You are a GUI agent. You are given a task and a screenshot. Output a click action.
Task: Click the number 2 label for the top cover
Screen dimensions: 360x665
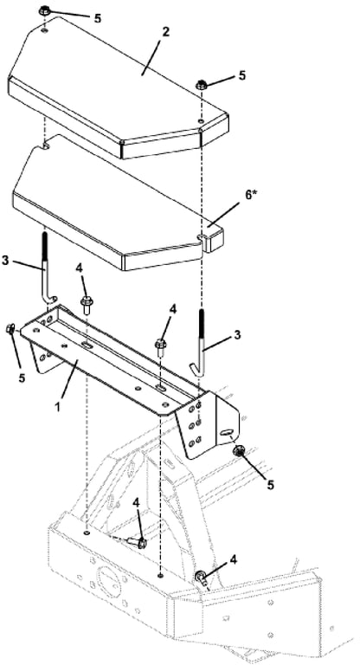pyautogui.click(x=166, y=32)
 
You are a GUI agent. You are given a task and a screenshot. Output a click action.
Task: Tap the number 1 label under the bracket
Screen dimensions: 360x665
pyautogui.click(x=58, y=405)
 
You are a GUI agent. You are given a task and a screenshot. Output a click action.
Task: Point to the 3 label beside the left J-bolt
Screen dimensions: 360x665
pyautogui.click(x=5, y=260)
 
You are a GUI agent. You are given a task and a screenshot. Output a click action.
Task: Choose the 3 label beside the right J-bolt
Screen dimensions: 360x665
pyautogui.click(x=238, y=334)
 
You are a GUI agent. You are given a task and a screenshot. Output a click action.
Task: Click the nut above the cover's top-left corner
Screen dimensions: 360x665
pyautogui.click(x=44, y=10)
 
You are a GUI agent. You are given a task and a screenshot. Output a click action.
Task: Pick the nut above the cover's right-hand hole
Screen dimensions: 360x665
pyautogui.click(x=202, y=85)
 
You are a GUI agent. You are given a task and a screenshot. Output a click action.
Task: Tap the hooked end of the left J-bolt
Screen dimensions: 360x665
pyautogui.click(x=51, y=299)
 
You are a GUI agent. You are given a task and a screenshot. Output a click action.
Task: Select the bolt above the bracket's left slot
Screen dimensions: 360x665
pyautogui.click(x=87, y=305)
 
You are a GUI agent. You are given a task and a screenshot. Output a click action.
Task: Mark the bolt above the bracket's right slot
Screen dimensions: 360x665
pyautogui.click(x=161, y=348)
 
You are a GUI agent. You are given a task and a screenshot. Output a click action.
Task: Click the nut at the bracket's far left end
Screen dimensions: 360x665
pyautogui.click(x=10, y=330)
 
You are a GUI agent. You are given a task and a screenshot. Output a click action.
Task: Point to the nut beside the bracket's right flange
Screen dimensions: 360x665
pyautogui.click(x=239, y=452)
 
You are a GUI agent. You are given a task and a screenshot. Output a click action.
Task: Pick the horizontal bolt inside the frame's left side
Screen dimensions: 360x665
pyautogui.click(x=137, y=541)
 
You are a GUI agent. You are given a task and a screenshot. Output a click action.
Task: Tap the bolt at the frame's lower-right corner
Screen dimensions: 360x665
pyautogui.click(x=201, y=578)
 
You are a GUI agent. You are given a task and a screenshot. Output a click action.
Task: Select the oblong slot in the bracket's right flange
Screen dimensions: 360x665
pyautogui.click(x=227, y=432)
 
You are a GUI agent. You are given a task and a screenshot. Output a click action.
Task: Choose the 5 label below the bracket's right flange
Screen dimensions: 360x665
pyautogui.click(x=271, y=485)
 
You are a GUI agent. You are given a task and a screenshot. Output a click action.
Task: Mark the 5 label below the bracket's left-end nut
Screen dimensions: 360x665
pyautogui.click(x=21, y=377)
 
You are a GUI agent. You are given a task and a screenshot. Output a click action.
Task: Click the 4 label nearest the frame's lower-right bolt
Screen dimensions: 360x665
pyautogui.click(x=233, y=560)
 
